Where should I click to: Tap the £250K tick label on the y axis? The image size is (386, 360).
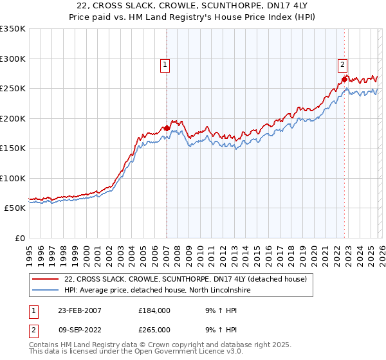click(13, 88)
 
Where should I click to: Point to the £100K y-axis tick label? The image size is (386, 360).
click(13, 178)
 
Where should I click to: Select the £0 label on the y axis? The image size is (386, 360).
click(19, 238)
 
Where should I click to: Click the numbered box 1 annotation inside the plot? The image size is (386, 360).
click(165, 64)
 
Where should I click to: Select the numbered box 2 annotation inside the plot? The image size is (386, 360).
click(342, 64)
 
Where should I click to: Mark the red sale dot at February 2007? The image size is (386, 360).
click(167, 128)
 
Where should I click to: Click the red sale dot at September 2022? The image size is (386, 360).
click(344, 80)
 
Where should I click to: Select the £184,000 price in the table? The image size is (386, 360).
click(154, 310)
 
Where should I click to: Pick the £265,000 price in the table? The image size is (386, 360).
click(154, 329)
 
